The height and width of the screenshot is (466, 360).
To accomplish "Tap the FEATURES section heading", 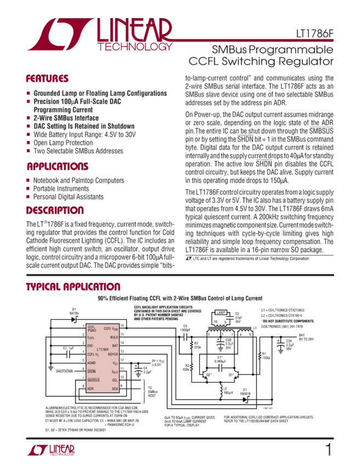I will point(48,78).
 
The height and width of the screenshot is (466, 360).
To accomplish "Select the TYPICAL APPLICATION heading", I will point(74,287).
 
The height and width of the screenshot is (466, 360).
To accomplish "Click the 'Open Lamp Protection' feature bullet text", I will point(62,143).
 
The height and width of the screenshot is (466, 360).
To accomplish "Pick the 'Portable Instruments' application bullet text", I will point(62,188).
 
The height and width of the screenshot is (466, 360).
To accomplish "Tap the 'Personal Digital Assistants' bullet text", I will point(68,196).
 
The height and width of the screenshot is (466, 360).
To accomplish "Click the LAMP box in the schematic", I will point(221,312).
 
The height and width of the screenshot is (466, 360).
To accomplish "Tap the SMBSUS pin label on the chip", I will point(94,379).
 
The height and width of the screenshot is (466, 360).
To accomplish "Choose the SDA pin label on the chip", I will point(115,388).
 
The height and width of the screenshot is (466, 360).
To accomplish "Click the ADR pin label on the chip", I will point(90,388).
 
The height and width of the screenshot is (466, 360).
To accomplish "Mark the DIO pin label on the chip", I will point(90,345).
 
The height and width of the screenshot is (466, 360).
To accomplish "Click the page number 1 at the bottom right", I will point(328,450).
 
